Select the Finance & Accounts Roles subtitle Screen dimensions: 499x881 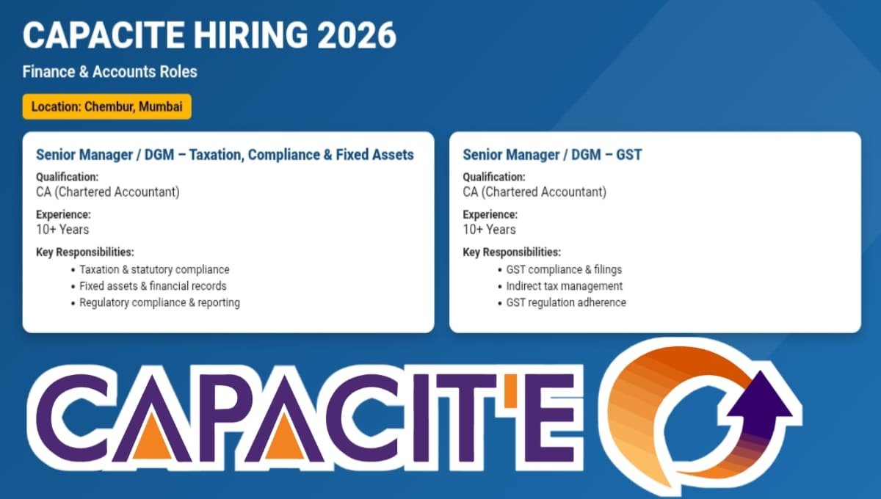110,72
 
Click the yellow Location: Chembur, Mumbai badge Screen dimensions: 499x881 107,106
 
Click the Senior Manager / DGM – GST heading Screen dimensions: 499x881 552,155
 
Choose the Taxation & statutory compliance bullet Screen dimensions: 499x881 154,269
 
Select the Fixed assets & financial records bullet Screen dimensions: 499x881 153,286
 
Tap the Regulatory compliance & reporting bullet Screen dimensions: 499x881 159,302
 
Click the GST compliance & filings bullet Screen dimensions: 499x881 564,269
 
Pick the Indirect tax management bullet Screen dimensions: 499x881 564,286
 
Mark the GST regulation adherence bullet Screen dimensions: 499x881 566,302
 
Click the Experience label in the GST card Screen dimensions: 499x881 490,215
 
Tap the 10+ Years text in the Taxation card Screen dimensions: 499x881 62,230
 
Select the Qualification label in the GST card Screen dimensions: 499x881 493,177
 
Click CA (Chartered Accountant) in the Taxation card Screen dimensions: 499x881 107,192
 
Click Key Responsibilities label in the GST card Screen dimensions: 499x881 511,252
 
